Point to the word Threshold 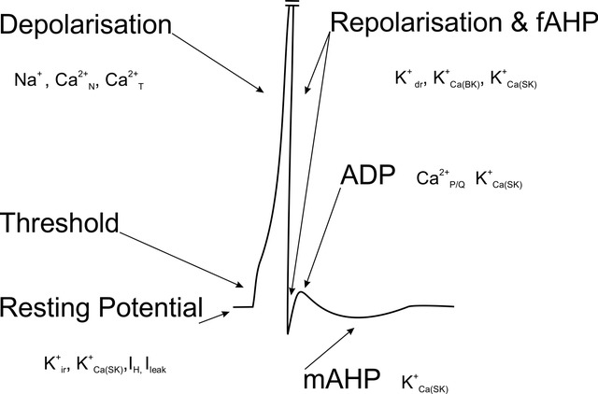[60, 223]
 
